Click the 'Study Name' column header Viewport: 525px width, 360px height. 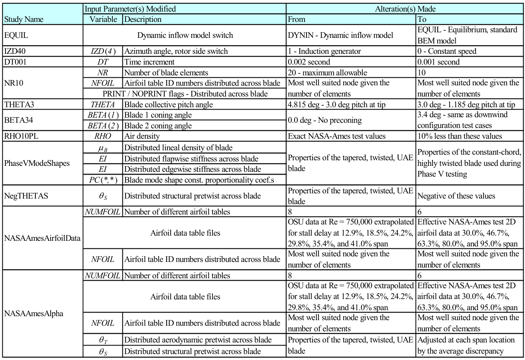click(x=24, y=19)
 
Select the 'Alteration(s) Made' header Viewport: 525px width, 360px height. click(x=404, y=8)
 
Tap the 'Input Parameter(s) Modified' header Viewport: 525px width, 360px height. click(x=130, y=8)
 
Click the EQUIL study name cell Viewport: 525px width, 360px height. click(x=16, y=35)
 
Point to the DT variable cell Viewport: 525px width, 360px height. click(x=103, y=62)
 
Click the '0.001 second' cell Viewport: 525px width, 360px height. click(x=438, y=62)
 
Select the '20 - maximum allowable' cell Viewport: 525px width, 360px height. click(x=327, y=73)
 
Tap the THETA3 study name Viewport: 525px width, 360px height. click(x=18, y=104)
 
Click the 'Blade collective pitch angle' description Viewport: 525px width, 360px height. click(x=169, y=104)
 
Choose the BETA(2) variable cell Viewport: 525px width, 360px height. click(x=103, y=126)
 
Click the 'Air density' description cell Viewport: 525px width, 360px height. click(x=142, y=136)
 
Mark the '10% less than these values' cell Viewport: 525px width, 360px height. click(x=460, y=136)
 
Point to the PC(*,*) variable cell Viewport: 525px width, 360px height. click(x=103, y=179)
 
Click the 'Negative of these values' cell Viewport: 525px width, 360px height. click(x=456, y=196)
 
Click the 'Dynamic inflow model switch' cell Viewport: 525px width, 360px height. click(x=185, y=35)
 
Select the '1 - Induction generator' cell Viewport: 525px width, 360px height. click(x=324, y=51)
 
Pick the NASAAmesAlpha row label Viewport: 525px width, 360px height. click(x=33, y=313)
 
